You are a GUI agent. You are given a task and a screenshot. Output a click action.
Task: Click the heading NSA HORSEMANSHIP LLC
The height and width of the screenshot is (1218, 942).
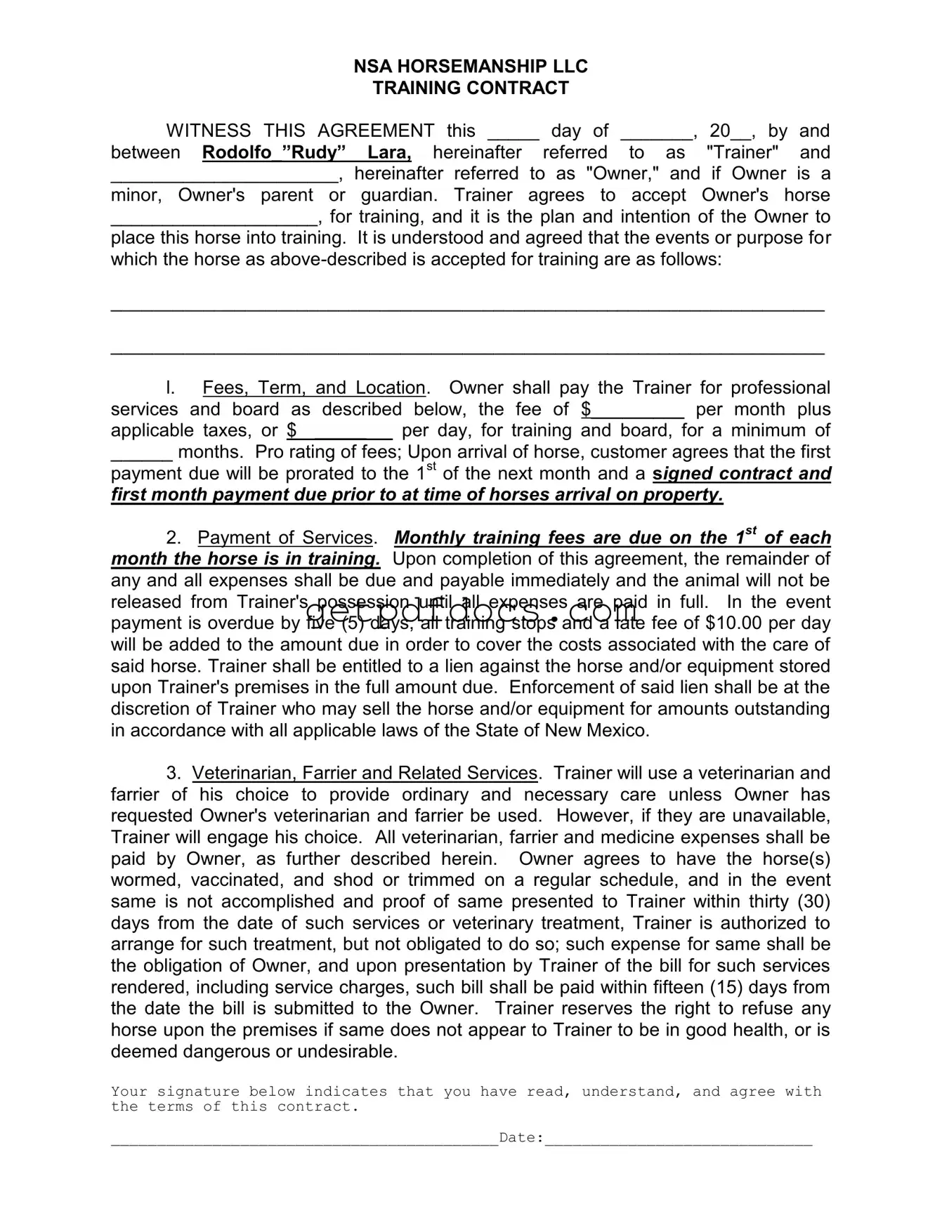[470, 67]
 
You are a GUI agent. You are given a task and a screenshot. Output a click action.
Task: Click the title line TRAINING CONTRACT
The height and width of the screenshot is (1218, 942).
[470, 88]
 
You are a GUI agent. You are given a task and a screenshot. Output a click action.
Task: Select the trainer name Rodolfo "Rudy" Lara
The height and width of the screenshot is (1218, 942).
[307, 152]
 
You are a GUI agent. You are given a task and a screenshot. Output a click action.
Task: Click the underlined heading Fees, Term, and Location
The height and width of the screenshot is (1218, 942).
[314, 388]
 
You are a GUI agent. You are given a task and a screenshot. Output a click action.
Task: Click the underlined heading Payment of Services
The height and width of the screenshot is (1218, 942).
[285, 538]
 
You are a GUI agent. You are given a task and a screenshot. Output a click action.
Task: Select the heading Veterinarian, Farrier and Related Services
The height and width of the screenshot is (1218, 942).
[365, 774]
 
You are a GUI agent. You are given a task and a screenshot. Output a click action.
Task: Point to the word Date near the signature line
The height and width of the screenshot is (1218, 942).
[519, 1138]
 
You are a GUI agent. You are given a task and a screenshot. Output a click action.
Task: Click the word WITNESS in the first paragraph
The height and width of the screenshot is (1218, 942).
[208, 131]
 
